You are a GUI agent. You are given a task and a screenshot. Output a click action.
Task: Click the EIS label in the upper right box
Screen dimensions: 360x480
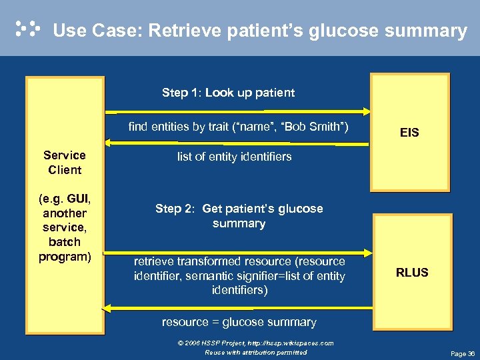pyautogui.click(x=409, y=133)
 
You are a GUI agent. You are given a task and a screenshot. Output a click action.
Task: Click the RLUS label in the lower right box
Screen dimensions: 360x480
pyautogui.click(x=412, y=272)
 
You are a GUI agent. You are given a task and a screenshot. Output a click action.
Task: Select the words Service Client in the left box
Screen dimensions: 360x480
pyautogui.click(x=65, y=162)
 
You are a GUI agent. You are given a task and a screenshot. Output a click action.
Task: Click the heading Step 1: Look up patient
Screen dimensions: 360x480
pyautogui.click(x=228, y=93)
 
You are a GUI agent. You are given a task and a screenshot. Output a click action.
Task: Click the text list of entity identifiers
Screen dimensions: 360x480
pyautogui.click(x=234, y=157)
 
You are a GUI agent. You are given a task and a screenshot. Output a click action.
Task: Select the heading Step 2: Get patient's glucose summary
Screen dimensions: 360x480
pyautogui.click(x=239, y=216)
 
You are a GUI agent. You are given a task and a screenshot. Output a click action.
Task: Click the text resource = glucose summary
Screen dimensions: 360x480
pyautogui.click(x=239, y=322)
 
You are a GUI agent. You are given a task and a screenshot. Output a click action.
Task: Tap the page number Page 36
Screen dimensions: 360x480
pyautogui.click(x=463, y=353)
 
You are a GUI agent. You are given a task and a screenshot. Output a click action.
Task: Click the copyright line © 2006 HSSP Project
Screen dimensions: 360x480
pyautogui.click(x=255, y=343)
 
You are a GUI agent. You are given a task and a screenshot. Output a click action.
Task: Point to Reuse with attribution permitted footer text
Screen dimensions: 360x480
pyautogui.click(x=255, y=352)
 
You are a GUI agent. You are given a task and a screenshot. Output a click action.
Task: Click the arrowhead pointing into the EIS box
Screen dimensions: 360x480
pyautogui.click(x=367, y=110)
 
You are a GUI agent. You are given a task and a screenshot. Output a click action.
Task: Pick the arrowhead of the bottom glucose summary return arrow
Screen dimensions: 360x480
pyautogui.click(x=105, y=307)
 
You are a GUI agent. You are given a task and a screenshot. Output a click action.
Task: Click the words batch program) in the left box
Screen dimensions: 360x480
pyautogui.click(x=65, y=249)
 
